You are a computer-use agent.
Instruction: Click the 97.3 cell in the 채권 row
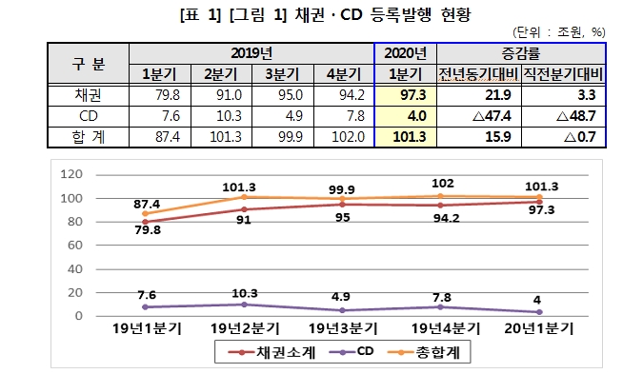coord(405,95)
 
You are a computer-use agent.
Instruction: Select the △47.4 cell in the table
coord(473,116)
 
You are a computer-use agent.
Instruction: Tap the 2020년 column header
coord(405,53)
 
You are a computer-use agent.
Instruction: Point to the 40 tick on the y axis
coord(76,268)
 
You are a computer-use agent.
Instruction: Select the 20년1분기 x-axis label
coord(540,328)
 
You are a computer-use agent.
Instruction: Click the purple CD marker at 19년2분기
coord(245,304)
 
